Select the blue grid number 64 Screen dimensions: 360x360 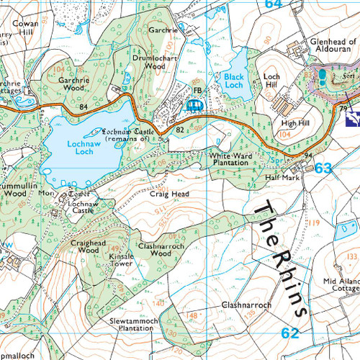tap(272, 4)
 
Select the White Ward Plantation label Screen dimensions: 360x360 tap(229, 159)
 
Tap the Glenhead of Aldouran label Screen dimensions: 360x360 tap(328, 49)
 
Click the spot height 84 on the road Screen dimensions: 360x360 tap(84, 107)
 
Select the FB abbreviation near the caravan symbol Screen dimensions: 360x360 tap(197, 91)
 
